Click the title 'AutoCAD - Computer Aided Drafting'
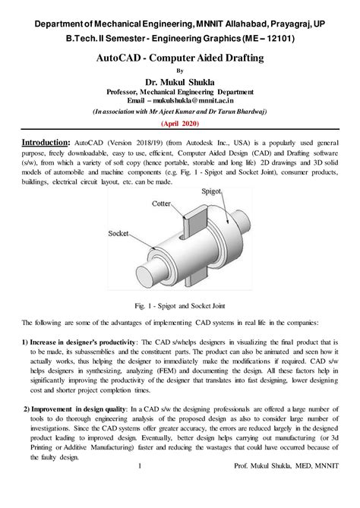point(180,57)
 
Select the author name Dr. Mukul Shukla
point(180,81)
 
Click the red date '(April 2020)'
point(180,122)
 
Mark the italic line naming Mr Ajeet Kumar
point(180,110)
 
